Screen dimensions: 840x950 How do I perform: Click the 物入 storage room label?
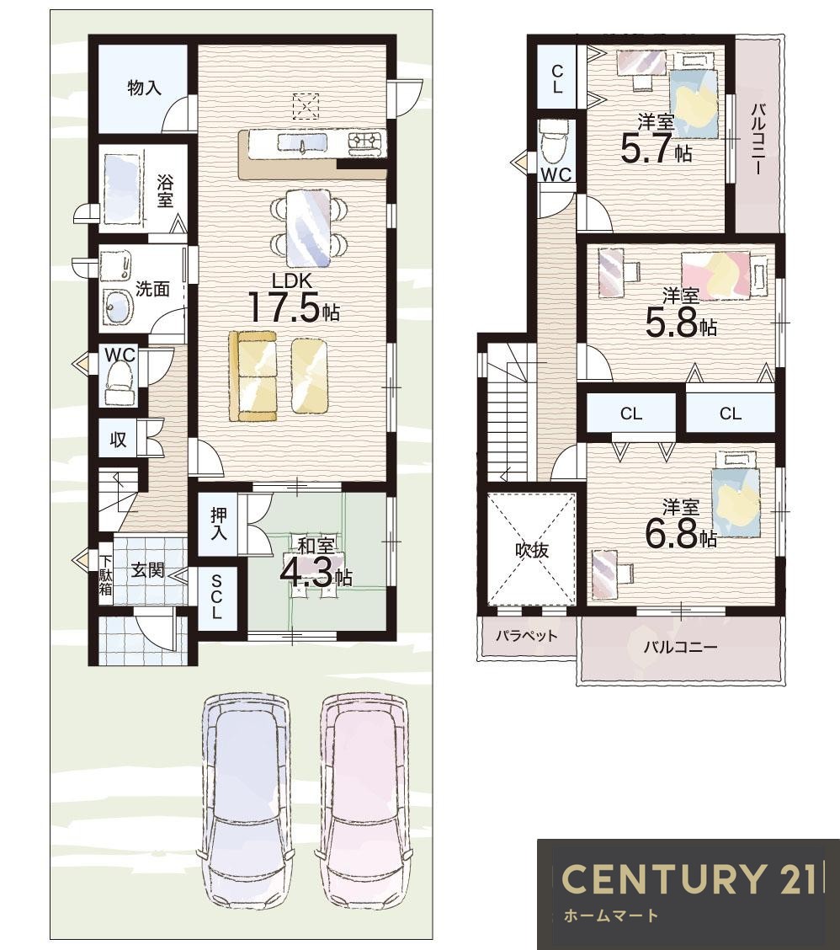(144, 88)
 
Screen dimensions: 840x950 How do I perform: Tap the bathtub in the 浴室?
(123, 189)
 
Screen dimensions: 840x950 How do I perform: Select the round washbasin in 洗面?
(117, 307)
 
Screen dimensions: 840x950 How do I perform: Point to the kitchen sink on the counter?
(302, 143)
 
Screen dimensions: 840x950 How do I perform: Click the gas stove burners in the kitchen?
(367, 141)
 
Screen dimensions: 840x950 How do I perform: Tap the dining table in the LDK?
(309, 227)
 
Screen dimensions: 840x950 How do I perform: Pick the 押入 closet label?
(219, 524)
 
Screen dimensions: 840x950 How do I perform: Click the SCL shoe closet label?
(216, 597)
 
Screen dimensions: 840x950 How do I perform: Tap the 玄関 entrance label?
(148, 570)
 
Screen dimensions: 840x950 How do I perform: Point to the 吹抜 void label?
(532, 550)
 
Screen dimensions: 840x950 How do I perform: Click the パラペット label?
(526, 636)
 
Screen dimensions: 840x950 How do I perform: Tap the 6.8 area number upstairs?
(672, 534)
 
